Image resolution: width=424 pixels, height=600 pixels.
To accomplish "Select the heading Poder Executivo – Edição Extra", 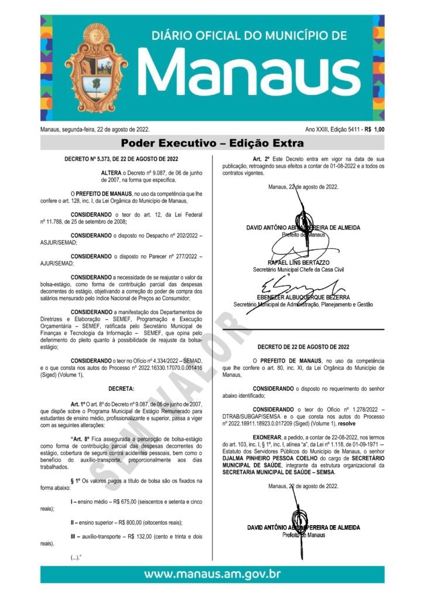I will pyautogui.click(x=212, y=143).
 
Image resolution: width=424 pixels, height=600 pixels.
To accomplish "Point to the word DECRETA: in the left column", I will pyautogui.click(x=121, y=388).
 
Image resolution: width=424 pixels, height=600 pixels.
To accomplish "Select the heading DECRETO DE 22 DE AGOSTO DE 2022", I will pyautogui.click(x=303, y=347).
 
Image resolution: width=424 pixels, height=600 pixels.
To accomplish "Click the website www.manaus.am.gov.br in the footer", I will pyautogui.click(x=212, y=574).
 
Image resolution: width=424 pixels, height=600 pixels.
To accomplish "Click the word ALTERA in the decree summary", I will pyautogui.click(x=111, y=173).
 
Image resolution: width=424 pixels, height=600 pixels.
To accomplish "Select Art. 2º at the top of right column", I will pyautogui.click(x=261, y=159).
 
